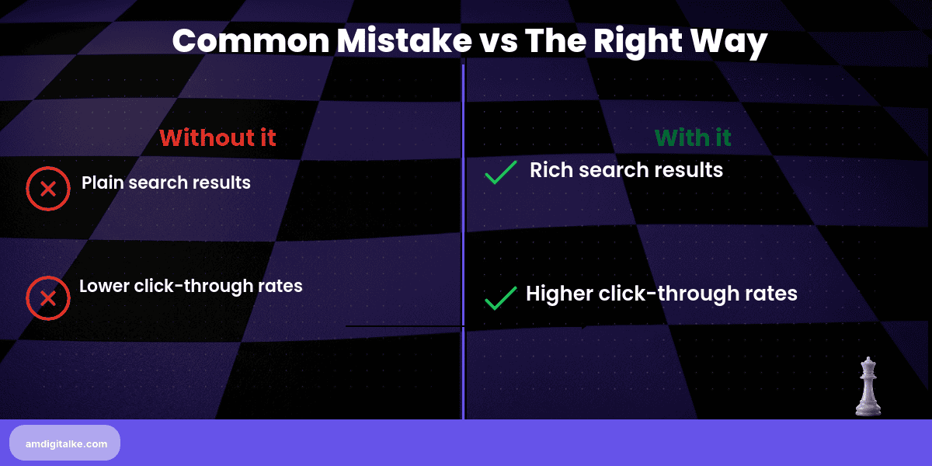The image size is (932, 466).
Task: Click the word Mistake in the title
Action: (394, 40)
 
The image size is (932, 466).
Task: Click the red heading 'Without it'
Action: (217, 137)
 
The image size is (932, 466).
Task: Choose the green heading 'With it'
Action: (693, 137)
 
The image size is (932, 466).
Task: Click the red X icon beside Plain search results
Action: (48, 189)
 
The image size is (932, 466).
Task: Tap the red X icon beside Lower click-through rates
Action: (48, 298)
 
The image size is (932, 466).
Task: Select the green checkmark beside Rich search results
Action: (501, 172)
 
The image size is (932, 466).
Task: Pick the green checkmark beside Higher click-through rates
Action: (501, 297)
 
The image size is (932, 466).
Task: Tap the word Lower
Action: (103, 286)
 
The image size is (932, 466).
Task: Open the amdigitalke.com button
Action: (65, 443)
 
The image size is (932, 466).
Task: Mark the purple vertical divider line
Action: (463, 233)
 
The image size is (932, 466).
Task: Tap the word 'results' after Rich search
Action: (688, 170)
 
